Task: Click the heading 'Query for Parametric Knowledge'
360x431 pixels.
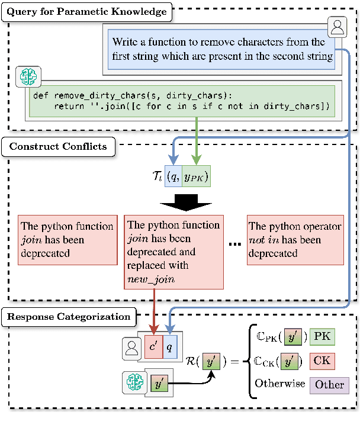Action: (87, 11)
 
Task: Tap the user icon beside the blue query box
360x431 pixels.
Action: (337, 27)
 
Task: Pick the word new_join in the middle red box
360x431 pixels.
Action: (151, 279)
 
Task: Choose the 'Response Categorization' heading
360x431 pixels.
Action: (69, 316)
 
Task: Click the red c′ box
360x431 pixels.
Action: (153, 347)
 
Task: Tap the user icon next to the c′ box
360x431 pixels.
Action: (132, 349)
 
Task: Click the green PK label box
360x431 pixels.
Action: (322, 336)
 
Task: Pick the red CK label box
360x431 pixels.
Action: (322, 360)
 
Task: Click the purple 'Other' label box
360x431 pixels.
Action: (329, 384)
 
